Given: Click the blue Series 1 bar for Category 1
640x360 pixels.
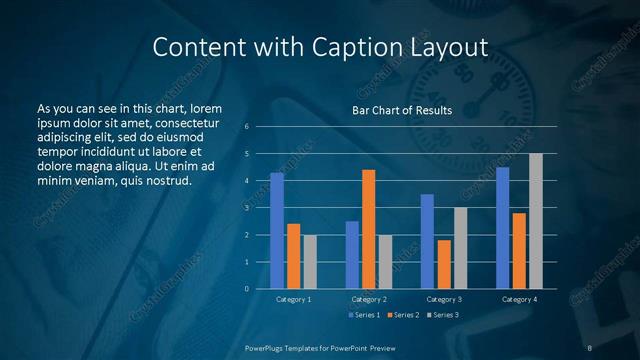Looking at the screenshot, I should point(277,231).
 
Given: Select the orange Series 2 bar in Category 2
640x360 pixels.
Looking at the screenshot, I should point(369,229).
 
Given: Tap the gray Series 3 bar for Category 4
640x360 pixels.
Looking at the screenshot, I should point(536,221).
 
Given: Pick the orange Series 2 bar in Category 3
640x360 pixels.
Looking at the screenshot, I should point(444,264).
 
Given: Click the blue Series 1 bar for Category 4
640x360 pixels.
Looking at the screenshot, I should point(503,228).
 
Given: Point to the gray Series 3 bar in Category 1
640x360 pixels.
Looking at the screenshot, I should point(310,262).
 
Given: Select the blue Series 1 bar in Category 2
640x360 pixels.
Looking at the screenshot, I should point(352,255).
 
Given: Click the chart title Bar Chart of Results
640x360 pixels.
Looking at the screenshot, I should point(402,110).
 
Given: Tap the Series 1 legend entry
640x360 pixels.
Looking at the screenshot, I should point(365,315).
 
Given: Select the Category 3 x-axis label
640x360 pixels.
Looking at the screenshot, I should point(444,299).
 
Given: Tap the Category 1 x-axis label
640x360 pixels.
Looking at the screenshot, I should point(294,299).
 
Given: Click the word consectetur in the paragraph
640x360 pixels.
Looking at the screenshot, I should point(187,122).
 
